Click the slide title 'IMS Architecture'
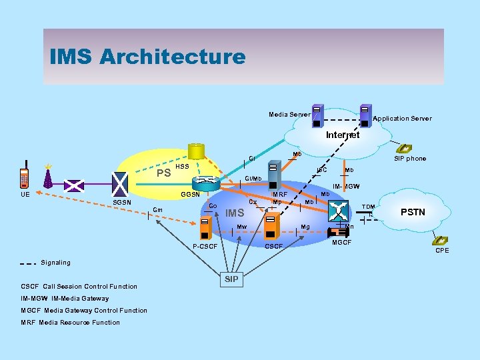click(147, 57)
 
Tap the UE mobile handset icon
click(25, 174)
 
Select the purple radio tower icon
click(47, 177)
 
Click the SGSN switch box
click(121, 182)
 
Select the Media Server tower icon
click(317, 115)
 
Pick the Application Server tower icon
click(365, 115)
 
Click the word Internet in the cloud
click(342, 135)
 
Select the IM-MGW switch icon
click(339, 212)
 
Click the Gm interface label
click(158, 210)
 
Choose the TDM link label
click(368, 207)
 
